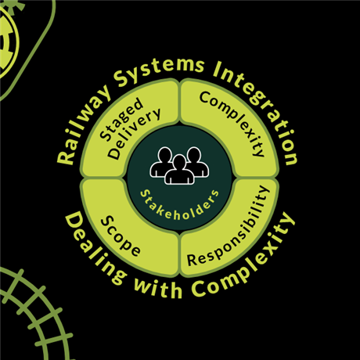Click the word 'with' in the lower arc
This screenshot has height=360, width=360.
point(158,288)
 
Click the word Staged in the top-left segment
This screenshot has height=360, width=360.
point(121,120)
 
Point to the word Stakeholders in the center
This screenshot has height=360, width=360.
point(179,206)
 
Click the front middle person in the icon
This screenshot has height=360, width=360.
point(180,170)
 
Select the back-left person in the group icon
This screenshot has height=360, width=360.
point(163,162)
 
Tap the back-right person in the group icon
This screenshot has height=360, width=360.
point(196,162)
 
